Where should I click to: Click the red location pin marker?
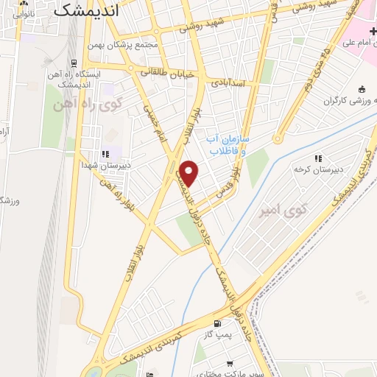189,172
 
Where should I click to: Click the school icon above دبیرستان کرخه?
318,158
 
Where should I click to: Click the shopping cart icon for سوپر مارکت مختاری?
230,364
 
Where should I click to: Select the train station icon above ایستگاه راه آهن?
72,62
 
